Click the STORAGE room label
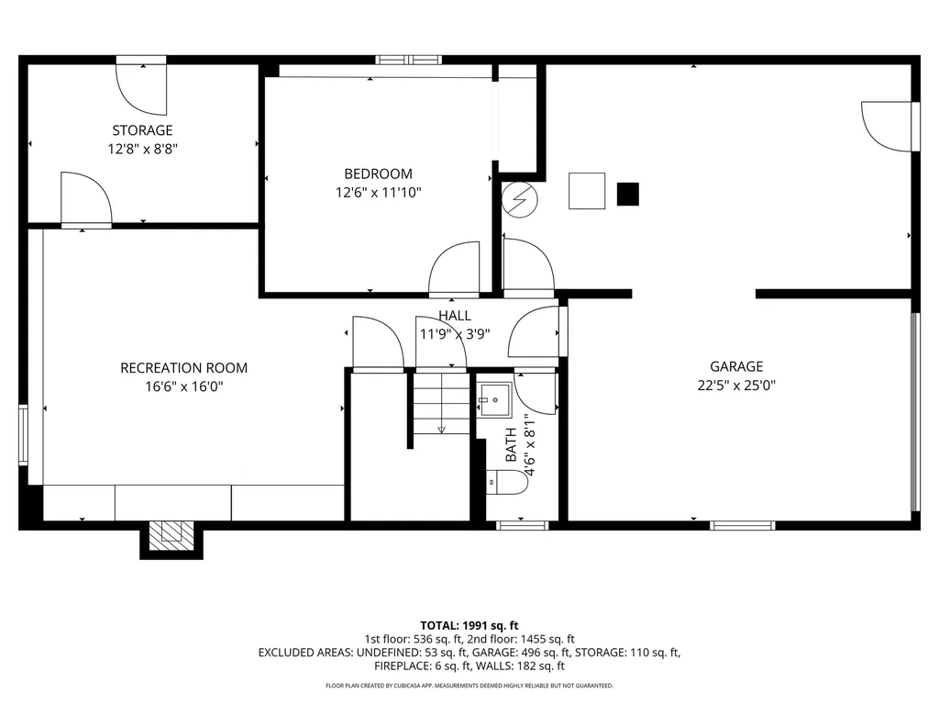pyautogui.click(x=142, y=130)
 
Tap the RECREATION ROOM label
pyautogui.click(x=183, y=368)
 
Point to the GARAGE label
pyautogui.click(x=736, y=366)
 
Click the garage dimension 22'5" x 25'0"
pyautogui.click(x=736, y=386)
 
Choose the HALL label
pyautogui.click(x=455, y=316)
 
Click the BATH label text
pyautogui.click(x=511, y=445)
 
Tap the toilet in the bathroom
pyautogui.click(x=507, y=482)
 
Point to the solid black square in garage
pyautogui.click(x=627, y=194)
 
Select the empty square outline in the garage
pyautogui.click(x=587, y=191)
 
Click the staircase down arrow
pyautogui.click(x=441, y=427)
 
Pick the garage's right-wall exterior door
pyautogui.click(x=890, y=125)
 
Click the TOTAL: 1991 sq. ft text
pyautogui.click(x=469, y=625)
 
